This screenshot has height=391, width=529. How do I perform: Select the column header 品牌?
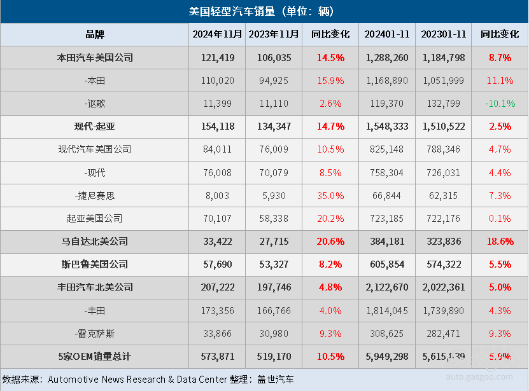95,34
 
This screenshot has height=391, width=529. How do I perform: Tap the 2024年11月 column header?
218,34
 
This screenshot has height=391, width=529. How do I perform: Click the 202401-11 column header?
387,34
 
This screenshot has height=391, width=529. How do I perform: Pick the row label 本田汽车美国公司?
95,57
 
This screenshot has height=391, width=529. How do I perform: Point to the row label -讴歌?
95,103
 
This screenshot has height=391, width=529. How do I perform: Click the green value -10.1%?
500,103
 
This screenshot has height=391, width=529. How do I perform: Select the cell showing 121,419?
218,57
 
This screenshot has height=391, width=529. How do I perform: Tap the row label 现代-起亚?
95,127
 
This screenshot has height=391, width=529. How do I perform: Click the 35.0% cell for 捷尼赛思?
330,195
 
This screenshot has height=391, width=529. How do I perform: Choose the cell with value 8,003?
218,195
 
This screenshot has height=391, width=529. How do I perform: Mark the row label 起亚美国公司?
95,218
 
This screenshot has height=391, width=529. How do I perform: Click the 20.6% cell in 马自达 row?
330,242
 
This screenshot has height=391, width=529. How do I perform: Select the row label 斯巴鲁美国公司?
95,264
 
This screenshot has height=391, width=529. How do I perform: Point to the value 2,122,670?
387,287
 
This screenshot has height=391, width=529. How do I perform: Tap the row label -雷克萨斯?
95,333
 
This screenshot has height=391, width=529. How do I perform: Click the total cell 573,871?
218,357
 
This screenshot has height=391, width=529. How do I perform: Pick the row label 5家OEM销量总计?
95,357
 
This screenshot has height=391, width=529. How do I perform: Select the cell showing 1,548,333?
387,127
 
